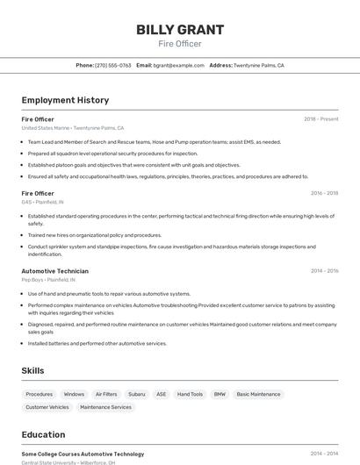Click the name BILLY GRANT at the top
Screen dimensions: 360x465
click(x=179, y=30)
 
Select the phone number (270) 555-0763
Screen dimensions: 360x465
click(x=112, y=65)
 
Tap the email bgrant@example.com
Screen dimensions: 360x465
click(x=179, y=65)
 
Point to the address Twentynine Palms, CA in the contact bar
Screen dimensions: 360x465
click(x=258, y=65)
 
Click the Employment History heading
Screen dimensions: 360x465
click(x=65, y=100)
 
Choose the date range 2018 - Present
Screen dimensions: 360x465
click(x=320, y=119)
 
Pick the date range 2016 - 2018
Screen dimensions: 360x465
click(x=324, y=193)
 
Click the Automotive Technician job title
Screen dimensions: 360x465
click(x=54, y=271)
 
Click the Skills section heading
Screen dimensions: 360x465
click(x=32, y=371)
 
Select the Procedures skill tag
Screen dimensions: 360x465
click(x=40, y=394)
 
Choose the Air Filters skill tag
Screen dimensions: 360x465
click(x=106, y=394)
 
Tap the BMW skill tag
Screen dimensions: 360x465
click(x=220, y=394)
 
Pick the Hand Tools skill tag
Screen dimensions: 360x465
click(x=190, y=394)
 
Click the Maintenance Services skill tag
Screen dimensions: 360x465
click(x=105, y=407)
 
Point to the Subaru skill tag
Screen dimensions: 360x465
click(x=136, y=394)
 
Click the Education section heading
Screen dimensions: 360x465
click(x=43, y=434)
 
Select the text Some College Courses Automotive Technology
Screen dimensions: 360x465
click(x=83, y=454)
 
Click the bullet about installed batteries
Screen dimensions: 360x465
click(x=97, y=344)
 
